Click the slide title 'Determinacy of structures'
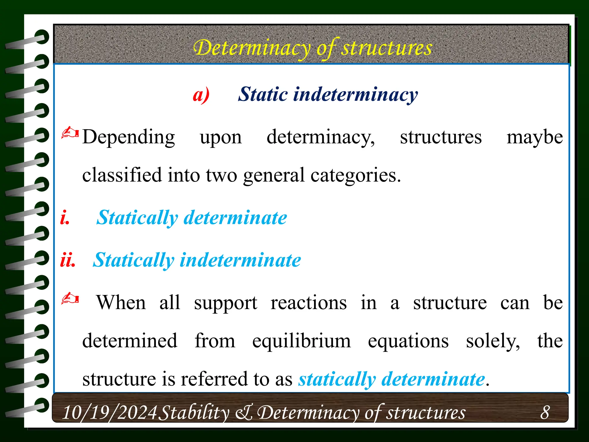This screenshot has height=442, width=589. [x=313, y=48]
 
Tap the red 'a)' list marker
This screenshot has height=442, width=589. [x=201, y=95]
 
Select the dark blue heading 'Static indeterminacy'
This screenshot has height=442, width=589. [x=328, y=95]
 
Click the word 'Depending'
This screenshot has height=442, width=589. [x=129, y=138]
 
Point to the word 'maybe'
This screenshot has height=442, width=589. [x=534, y=138]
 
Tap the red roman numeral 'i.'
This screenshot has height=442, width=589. [x=65, y=218]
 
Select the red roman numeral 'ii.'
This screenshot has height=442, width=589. [x=68, y=260]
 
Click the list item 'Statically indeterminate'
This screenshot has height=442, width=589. [x=197, y=260]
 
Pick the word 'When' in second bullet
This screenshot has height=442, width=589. [x=121, y=303]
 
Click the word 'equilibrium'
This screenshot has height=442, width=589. [x=301, y=341]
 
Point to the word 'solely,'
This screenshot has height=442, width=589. [x=493, y=341]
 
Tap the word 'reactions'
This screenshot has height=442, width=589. [x=309, y=303]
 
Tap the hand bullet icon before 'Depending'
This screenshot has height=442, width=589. [x=70, y=133]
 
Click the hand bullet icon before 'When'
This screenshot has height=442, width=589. [x=70, y=299]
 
